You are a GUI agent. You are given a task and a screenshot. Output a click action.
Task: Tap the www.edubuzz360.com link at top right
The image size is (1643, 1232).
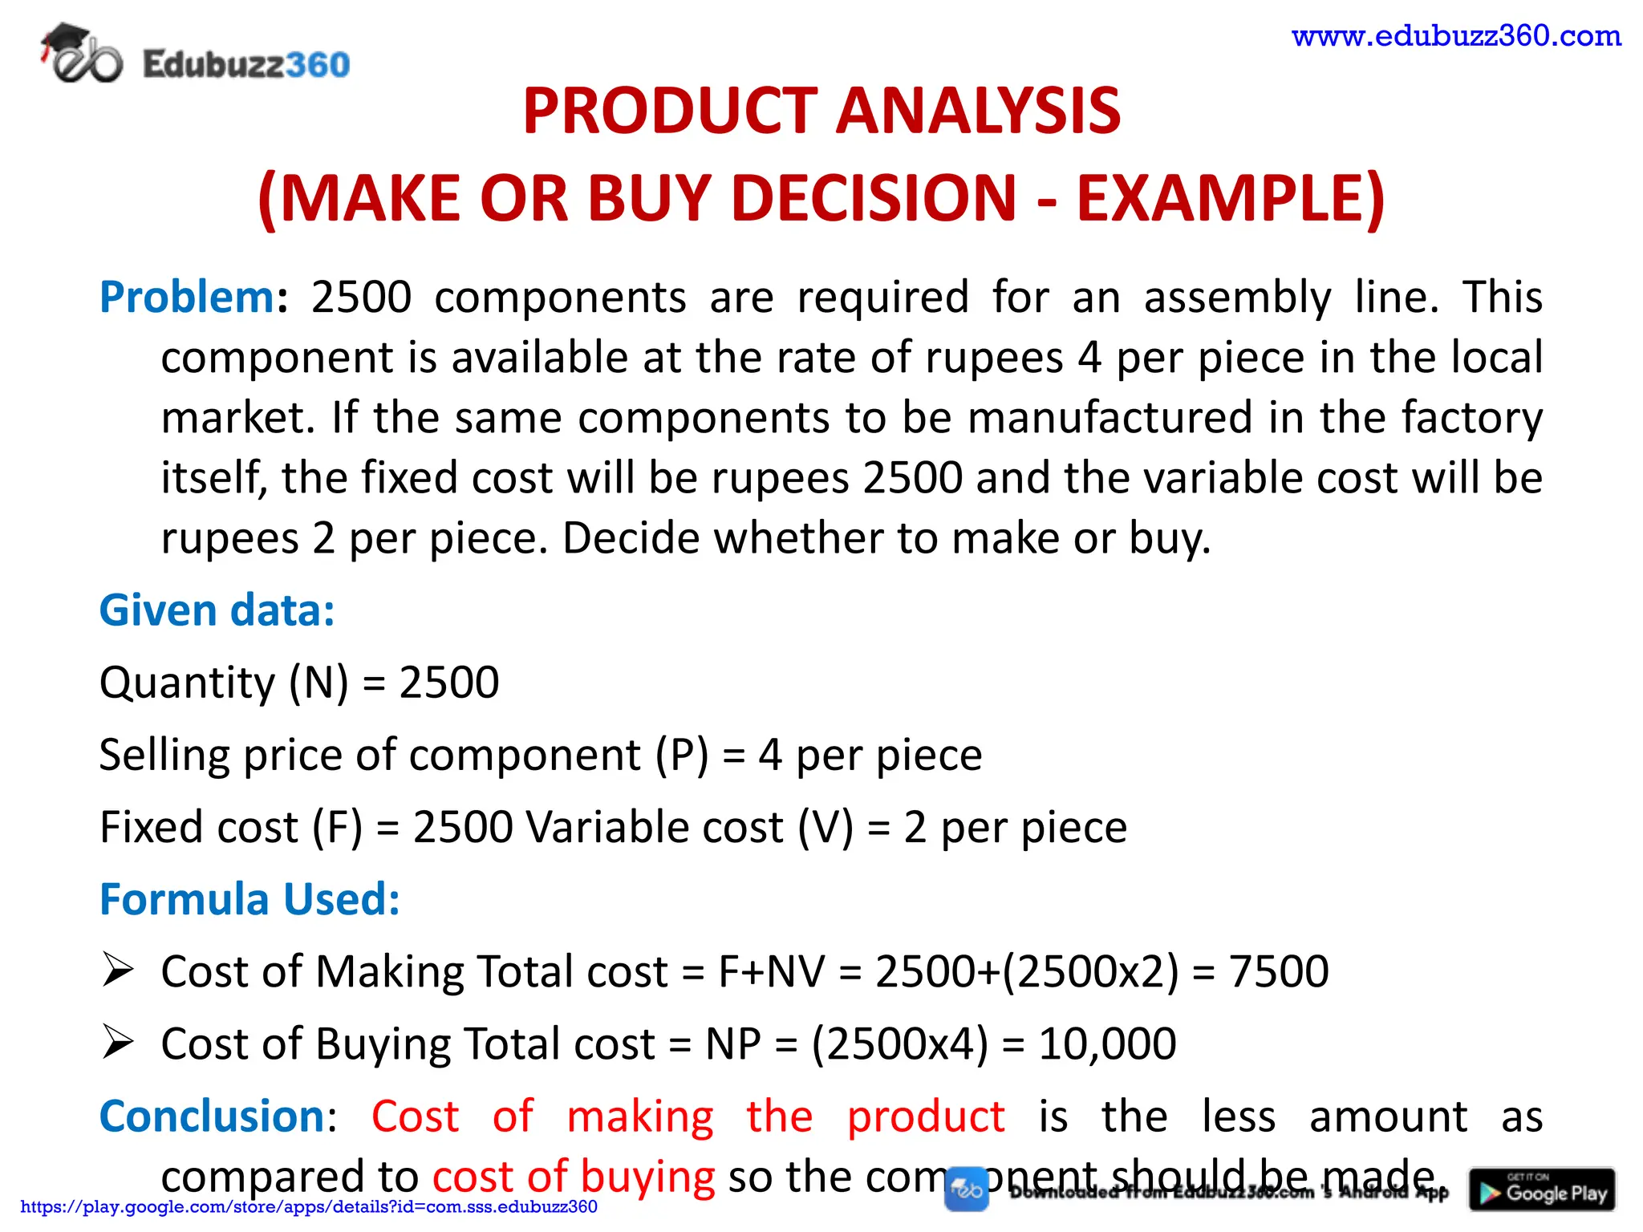point(1456,36)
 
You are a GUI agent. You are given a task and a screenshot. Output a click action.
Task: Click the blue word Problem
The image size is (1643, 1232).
point(187,297)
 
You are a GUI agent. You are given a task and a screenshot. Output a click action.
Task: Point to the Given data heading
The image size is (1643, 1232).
point(217,610)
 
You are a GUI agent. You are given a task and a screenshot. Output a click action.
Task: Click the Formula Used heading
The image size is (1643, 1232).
point(249,898)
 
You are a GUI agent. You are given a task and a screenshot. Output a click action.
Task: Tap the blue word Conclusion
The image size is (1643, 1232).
point(212,1116)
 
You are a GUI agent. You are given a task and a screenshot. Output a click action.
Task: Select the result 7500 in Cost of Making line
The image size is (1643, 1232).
point(1279,971)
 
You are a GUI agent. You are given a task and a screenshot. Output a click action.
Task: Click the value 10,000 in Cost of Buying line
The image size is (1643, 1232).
point(1107,1044)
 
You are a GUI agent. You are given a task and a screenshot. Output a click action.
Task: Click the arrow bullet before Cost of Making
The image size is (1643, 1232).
point(118,971)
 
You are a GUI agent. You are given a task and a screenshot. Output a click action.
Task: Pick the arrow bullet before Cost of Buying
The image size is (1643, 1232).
point(118,1043)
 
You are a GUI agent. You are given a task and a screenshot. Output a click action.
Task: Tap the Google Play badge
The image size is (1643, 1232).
point(1542,1189)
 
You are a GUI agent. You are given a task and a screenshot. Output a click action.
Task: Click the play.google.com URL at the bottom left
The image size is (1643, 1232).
point(309,1207)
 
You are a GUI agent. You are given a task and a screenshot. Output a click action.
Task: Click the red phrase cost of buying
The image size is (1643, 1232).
point(573,1177)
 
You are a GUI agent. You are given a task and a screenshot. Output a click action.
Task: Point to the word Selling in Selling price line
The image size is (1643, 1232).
point(164,755)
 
